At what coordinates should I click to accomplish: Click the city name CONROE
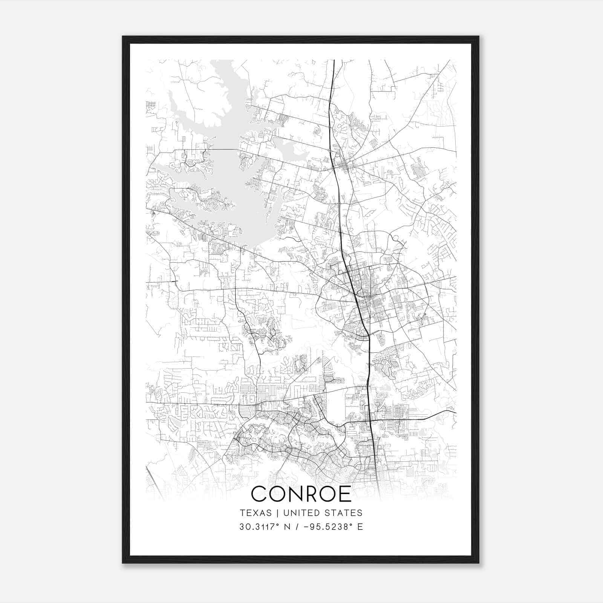coord(301,494)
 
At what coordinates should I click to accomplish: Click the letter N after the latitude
coord(288,527)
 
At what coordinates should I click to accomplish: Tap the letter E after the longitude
coord(360,527)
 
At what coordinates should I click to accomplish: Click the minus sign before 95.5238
coord(308,527)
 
